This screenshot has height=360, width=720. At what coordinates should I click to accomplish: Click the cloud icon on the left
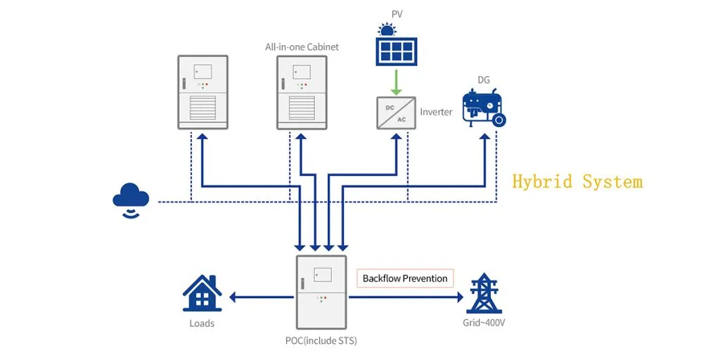click(x=131, y=196)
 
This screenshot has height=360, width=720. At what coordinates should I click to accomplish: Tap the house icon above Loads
click(x=202, y=293)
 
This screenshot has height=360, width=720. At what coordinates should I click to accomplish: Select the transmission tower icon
click(x=484, y=292)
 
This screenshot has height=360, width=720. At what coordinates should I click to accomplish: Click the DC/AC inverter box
click(x=397, y=112)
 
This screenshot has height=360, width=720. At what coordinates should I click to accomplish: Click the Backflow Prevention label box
click(x=405, y=278)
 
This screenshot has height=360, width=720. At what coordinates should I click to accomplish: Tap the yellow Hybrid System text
click(x=577, y=181)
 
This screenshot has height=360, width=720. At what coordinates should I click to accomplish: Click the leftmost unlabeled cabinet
click(x=202, y=92)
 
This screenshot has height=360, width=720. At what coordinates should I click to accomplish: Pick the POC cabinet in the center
click(x=321, y=292)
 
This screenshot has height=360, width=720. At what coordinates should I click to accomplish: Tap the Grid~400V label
click(x=483, y=323)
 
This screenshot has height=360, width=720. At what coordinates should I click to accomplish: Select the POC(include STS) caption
click(x=321, y=341)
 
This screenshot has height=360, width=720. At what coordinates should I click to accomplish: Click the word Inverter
click(x=436, y=112)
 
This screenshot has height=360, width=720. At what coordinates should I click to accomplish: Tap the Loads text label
click(x=202, y=323)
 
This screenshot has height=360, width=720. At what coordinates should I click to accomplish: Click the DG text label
click(x=484, y=80)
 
